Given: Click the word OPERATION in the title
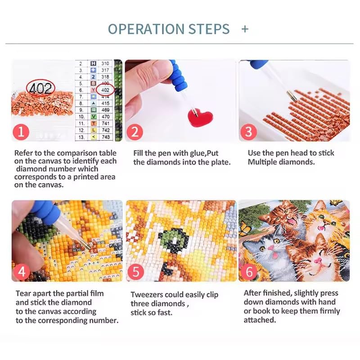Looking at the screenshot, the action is (x=146, y=29).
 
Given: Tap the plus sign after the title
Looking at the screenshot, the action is (x=245, y=29).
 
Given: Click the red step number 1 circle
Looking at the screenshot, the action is (x=21, y=132).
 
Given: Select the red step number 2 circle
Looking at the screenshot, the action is (x=135, y=132).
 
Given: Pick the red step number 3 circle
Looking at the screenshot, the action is (x=249, y=132).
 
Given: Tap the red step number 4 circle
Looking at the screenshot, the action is (x=22, y=272).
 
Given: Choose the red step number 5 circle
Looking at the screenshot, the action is (x=136, y=272).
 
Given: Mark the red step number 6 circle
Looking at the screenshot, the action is (x=249, y=272).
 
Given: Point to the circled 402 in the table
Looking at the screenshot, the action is (x=105, y=90).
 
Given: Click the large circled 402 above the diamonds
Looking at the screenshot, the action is (x=40, y=88).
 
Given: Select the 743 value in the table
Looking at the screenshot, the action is (x=106, y=137).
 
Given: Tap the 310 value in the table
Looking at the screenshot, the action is (x=105, y=63).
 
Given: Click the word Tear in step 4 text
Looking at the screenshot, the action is (x=23, y=293).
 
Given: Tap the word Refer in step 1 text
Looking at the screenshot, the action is (x=23, y=153).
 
